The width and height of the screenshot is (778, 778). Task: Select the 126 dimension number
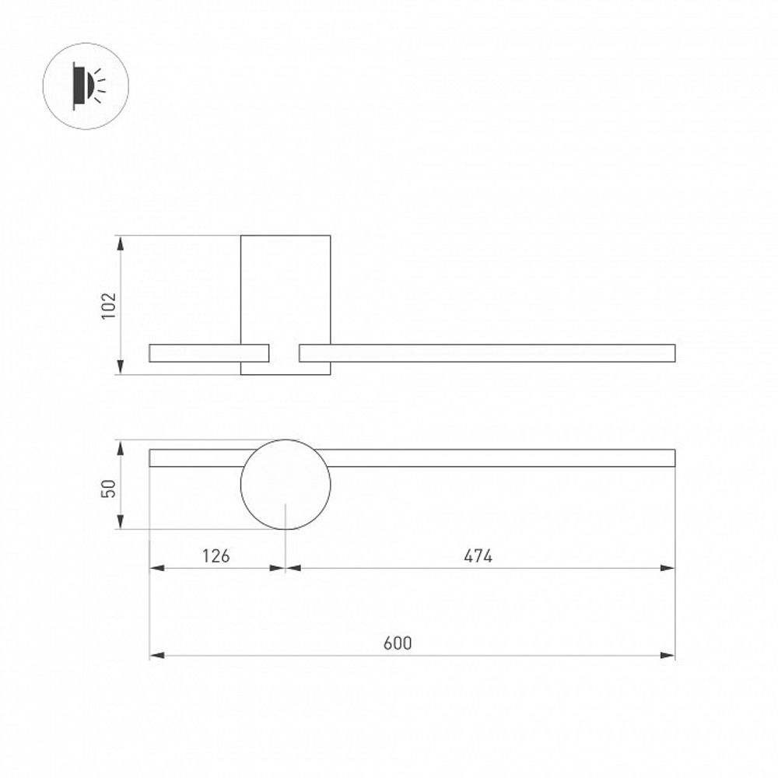pyautogui.click(x=216, y=555)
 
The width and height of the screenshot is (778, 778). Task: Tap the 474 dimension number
pyautogui.click(x=478, y=555)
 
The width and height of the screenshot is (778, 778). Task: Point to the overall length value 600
pyautogui.click(x=398, y=643)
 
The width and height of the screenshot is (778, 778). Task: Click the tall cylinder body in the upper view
pyautogui.click(x=286, y=288)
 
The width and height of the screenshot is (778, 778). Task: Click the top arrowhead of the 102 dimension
pyautogui.click(x=121, y=242)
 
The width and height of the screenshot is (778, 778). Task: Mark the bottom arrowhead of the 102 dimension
pyautogui.click(x=121, y=367)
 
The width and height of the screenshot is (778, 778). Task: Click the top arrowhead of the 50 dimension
pyautogui.click(x=121, y=447)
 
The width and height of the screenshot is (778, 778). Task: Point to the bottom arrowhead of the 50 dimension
pyautogui.click(x=121, y=522)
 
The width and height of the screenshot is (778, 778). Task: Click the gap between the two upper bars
pyautogui.click(x=285, y=353)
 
